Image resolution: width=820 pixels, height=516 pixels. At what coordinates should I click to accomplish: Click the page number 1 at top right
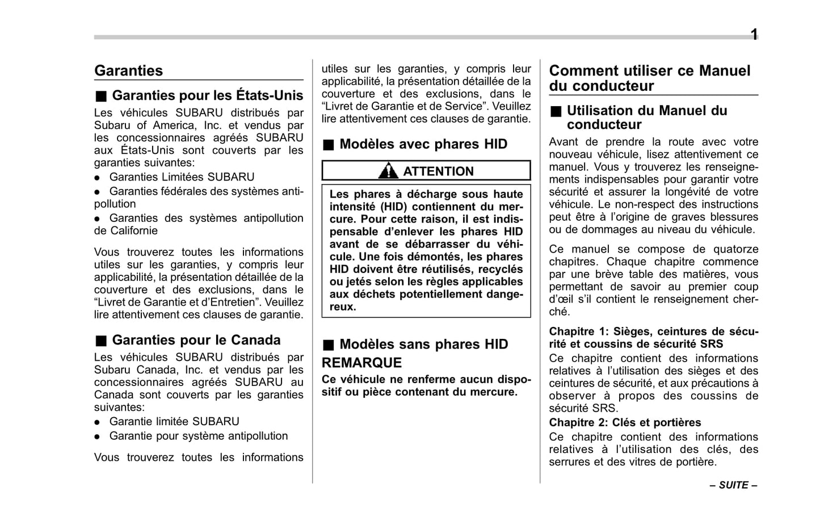[754, 35]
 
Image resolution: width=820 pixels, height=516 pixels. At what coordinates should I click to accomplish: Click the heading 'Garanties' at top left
[128, 71]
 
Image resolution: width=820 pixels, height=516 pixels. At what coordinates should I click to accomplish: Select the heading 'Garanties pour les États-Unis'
[207, 95]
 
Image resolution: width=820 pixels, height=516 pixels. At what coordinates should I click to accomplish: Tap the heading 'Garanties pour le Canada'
[196, 340]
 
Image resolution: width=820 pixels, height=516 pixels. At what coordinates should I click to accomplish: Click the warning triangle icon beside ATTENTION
[388, 171]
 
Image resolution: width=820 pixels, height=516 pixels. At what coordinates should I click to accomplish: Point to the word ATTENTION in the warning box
[438, 171]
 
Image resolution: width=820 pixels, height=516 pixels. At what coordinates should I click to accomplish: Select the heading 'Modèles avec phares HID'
[423, 144]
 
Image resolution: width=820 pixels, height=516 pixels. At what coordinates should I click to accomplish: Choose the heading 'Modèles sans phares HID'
[423, 345]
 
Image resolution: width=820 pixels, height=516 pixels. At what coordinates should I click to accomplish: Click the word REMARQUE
[361, 363]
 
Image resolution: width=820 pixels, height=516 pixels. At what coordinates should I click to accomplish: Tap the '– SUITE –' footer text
[733, 485]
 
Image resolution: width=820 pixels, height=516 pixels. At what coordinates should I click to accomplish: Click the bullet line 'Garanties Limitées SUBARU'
[182, 177]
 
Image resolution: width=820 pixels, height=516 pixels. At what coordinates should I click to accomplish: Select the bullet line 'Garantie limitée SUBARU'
[174, 421]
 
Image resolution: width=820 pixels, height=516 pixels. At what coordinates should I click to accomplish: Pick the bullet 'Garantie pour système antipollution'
[198, 436]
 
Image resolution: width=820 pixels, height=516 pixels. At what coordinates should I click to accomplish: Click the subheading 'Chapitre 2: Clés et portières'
[625, 422]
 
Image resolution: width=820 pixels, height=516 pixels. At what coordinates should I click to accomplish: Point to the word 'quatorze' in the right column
[735, 249]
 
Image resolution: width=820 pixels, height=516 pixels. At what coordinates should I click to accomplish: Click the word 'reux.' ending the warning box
[343, 307]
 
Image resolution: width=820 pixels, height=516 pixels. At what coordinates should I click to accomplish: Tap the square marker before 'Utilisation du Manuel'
[555, 111]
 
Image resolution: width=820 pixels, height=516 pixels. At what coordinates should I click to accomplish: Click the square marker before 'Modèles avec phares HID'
[328, 145]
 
